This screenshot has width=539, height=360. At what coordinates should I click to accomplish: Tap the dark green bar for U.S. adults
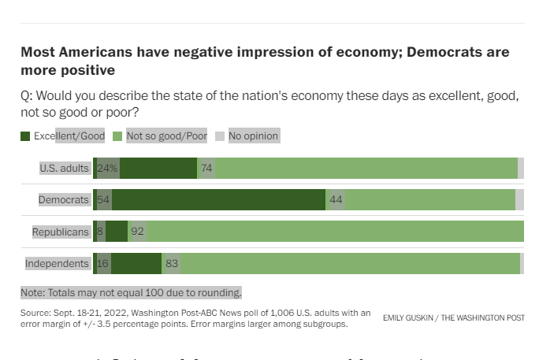point(158,168)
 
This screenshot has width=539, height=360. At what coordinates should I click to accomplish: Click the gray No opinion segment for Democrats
point(519,199)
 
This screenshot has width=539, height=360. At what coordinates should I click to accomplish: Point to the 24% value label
point(106,168)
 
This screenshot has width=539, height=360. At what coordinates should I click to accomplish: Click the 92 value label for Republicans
point(137,232)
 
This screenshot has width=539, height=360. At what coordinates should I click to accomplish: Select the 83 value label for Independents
point(172,263)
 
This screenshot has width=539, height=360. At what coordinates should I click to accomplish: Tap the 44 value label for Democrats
point(336,199)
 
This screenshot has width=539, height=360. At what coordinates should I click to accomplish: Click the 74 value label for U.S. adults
point(206,168)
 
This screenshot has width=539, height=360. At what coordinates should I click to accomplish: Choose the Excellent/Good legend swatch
point(26,136)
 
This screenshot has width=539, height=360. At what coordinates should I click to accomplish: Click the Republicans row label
point(61,232)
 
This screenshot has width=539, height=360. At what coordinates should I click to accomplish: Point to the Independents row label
point(58,263)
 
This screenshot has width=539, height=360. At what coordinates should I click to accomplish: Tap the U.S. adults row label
point(65,168)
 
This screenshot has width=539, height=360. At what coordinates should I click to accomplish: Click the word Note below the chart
point(33,292)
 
